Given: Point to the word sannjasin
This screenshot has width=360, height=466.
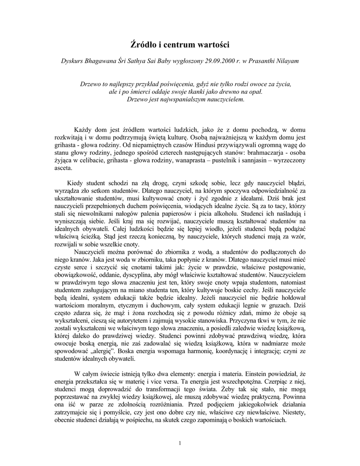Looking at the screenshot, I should pos(257,161).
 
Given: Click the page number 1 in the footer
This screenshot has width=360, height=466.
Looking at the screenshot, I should pos(180,443).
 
